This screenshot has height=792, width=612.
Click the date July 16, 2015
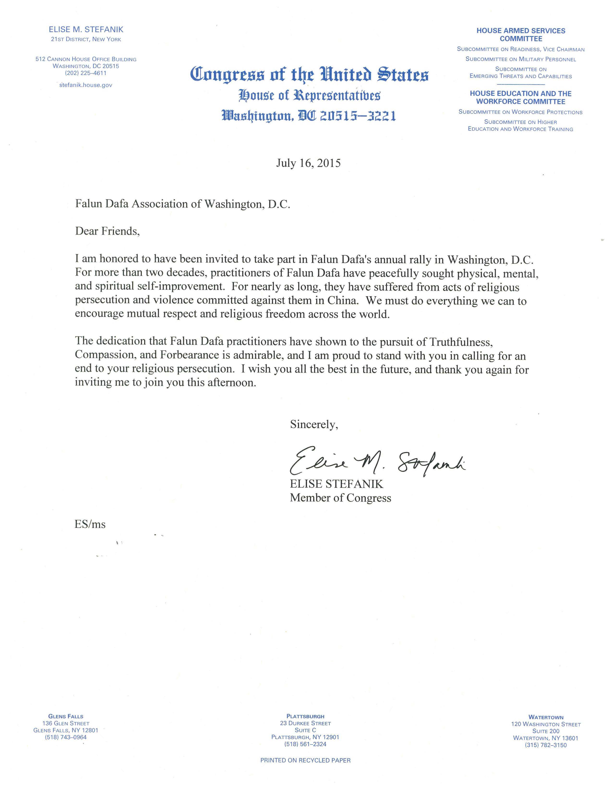pyautogui.click(x=308, y=163)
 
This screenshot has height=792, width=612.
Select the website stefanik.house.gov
pyautogui.click(x=86, y=85)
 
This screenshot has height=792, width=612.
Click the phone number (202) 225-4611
pyautogui.click(x=86, y=73)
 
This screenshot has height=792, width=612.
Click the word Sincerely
pyautogui.click(x=314, y=425)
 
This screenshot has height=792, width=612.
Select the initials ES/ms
pyautogui.click(x=90, y=524)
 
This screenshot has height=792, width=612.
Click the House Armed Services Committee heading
pyautogui.click(x=521, y=35)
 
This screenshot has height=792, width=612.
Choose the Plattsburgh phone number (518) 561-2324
pyautogui.click(x=305, y=744)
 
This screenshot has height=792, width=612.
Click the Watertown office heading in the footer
pyautogui.click(x=546, y=717)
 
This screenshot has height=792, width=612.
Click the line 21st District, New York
pyautogui.click(x=86, y=39)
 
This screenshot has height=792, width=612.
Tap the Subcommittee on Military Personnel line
pyautogui.click(x=521, y=59)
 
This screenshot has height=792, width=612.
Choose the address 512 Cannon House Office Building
pyautogui.click(x=86, y=59)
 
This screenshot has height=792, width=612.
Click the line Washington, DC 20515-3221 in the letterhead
pyautogui.click(x=309, y=116)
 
